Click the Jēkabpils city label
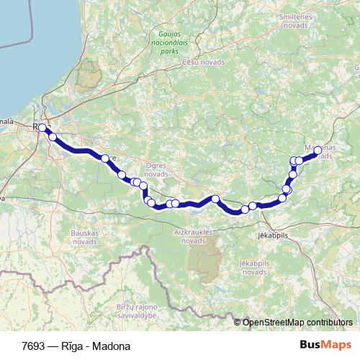pos(271,235)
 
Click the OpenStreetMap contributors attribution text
pos(297,323)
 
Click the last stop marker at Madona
pos(318,150)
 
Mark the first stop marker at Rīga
pos(42,128)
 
